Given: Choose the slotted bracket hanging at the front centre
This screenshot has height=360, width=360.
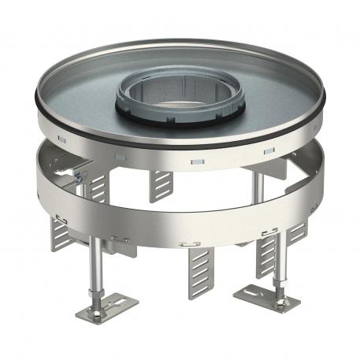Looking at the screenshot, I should pyautogui.click(x=197, y=272).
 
